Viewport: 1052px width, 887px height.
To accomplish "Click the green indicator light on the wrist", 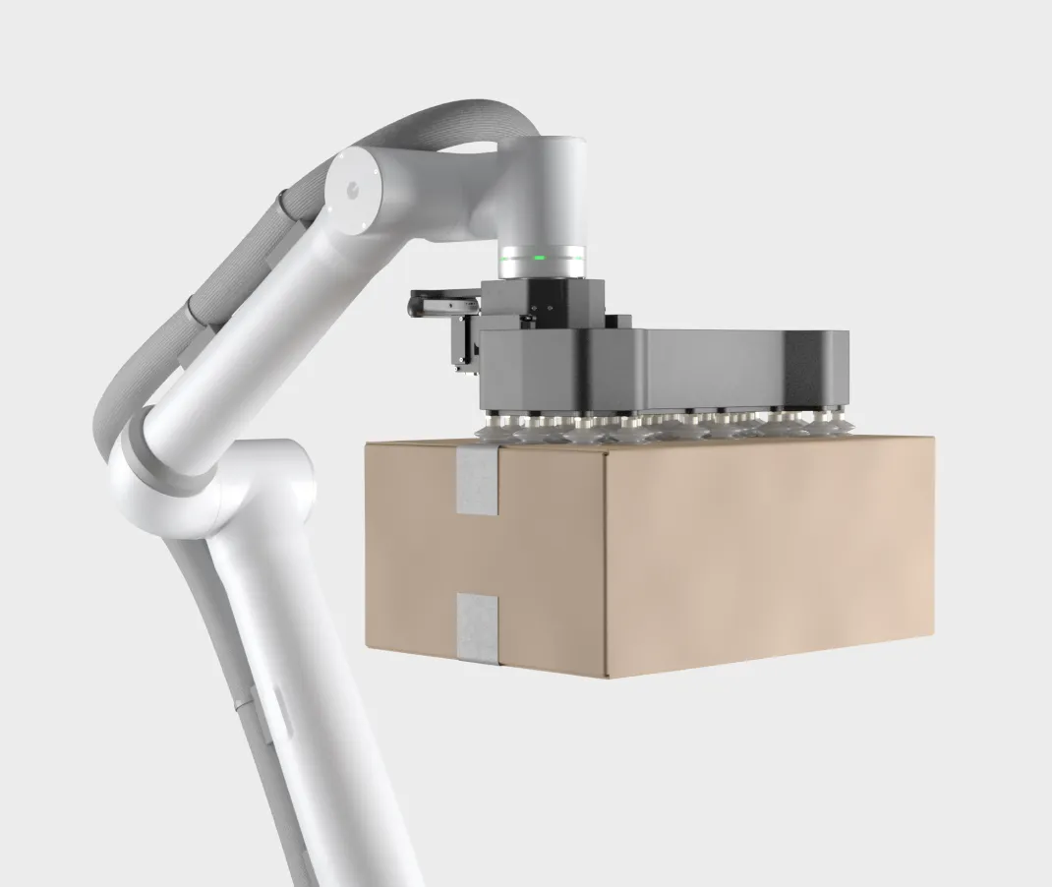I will (x=539, y=259).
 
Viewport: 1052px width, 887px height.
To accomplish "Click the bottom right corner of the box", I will (x=932, y=637).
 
